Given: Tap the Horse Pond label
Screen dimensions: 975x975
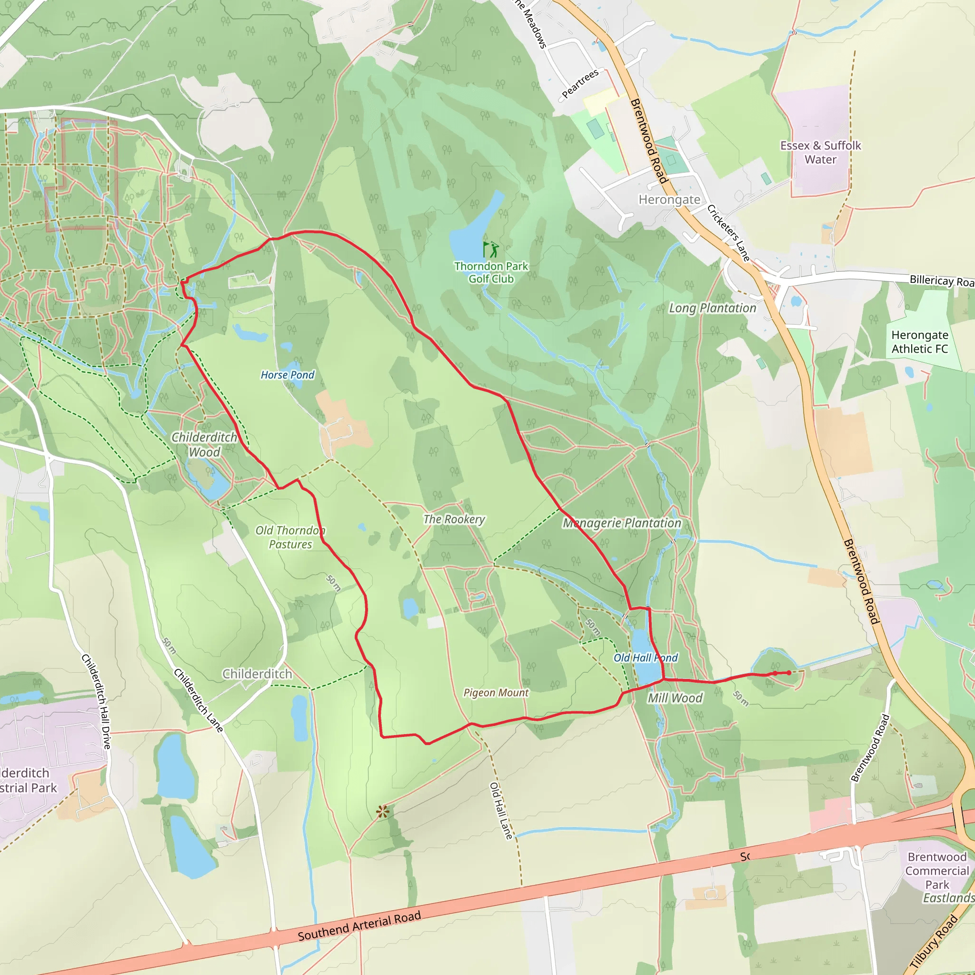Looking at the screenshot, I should [x=287, y=375].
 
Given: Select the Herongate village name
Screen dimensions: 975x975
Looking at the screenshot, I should [x=669, y=200].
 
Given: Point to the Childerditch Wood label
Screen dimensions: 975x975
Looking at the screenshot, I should [x=204, y=445].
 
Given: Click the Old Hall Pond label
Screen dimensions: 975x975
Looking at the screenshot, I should [x=646, y=658].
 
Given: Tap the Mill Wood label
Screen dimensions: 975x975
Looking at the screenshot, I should [x=675, y=698].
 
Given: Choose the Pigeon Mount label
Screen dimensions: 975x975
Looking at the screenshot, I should [x=496, y=693].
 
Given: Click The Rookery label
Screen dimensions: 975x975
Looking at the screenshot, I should [x=454, y=519].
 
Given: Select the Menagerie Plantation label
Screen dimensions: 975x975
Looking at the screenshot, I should [x=622, y=523].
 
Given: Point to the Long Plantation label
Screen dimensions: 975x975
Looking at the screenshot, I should [x=712, y=308].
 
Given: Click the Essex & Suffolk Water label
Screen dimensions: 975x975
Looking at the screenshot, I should [x=821, y=152].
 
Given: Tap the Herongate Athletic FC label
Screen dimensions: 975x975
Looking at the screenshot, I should [x=919, y=342].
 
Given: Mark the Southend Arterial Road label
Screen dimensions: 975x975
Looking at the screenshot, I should [x=359, y=926].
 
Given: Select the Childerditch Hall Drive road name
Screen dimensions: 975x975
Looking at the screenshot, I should [x=96, y=701].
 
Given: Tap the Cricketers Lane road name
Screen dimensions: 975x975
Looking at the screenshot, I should [x=728, y=233].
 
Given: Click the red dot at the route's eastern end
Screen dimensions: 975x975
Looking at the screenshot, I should [x=789, y=673].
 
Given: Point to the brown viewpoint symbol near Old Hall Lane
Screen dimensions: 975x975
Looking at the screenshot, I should [x=383, y=812].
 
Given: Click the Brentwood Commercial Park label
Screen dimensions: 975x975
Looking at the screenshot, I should [x=936, y=871].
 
